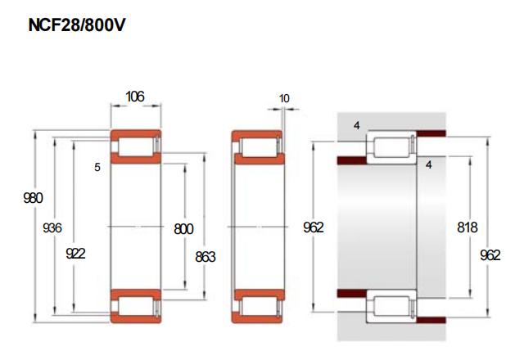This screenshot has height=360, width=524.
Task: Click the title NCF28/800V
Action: [76, 25]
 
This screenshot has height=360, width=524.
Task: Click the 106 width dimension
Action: [135, 97]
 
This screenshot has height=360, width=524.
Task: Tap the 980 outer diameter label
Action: [33, 198]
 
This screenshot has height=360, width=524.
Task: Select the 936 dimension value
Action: [52, 228]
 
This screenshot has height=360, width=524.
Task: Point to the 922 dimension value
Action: [75, 254]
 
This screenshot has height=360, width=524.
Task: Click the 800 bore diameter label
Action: [183, 229]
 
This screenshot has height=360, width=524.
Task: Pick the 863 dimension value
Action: [206, 257]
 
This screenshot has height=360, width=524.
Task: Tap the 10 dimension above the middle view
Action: [284, 98]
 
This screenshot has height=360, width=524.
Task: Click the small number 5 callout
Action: [97, 167]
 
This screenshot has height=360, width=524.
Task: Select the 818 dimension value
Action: [468, 227]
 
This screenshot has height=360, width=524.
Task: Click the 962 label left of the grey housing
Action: [314, 227]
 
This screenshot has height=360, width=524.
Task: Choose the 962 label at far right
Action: [490, 255]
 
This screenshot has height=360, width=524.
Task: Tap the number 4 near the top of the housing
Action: [357, 126]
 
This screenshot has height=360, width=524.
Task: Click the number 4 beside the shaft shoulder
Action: [429, 164]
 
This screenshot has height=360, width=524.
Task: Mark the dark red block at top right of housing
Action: [431, 133]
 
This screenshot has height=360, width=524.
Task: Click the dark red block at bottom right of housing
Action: [431, 320]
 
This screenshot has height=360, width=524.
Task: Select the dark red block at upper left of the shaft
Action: [352, 160]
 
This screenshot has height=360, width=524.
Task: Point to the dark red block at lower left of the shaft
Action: [352, 293]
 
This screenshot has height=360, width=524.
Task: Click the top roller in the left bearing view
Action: [136, 146]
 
